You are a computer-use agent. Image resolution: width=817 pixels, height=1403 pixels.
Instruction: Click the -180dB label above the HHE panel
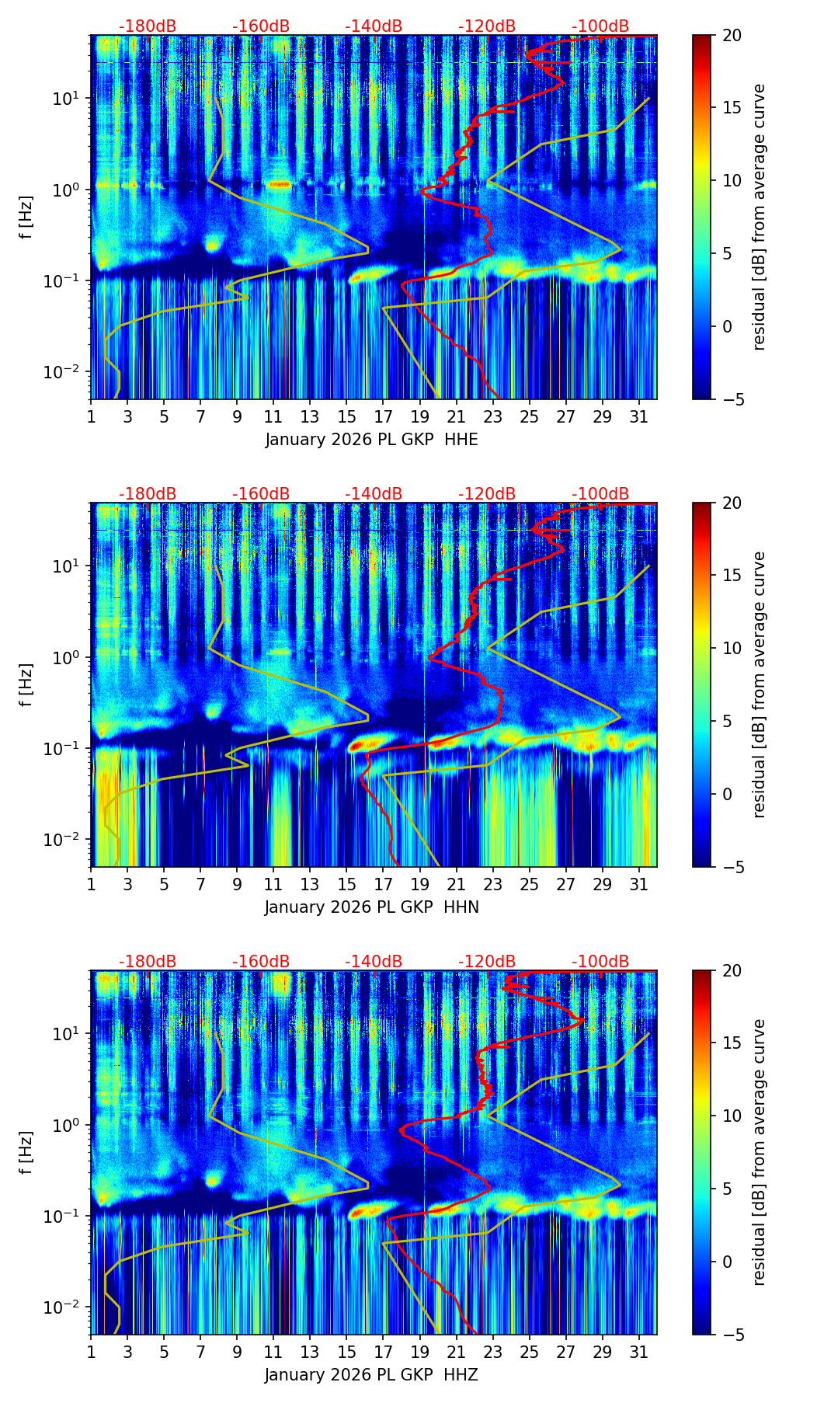click(x=148, y=26)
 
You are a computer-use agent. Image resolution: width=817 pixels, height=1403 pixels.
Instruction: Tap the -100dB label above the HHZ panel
click(x=600, y=962)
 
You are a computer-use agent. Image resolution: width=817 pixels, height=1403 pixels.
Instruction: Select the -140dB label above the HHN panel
click(x=374, y=494)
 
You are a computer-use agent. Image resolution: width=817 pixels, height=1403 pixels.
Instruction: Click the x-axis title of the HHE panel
click(x=371, y=440)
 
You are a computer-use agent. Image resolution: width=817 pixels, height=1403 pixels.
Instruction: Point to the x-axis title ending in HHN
click(x=371, y=907)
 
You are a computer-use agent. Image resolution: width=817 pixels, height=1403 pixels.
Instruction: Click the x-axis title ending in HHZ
click(x=371, y=1375)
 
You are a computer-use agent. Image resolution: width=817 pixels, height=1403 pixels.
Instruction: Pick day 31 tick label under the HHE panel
click(x=639, y=417)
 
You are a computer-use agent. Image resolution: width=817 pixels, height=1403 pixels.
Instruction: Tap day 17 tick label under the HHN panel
click(x=384, y=885)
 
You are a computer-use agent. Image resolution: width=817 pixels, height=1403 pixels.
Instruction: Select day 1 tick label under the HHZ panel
click(x=91, y=1353)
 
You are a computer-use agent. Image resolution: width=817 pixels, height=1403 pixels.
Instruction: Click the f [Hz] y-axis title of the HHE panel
click(x=26, y=218)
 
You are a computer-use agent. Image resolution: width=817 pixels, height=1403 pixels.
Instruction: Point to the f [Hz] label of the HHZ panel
click(x=26, y=1153)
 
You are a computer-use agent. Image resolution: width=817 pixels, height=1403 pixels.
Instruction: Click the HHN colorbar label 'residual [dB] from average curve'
click(x=760, y=684)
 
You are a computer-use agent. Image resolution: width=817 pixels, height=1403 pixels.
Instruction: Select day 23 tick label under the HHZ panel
click(x=493, y=1353)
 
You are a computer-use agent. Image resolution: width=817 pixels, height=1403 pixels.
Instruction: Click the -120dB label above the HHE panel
click(x=487, y=26)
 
